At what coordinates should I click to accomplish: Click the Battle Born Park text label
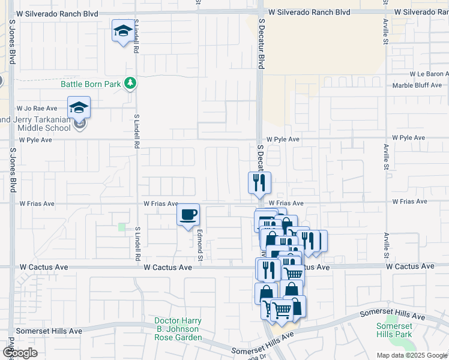90,84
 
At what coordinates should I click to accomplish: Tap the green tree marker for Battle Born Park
129,84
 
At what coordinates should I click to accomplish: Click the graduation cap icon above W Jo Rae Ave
79,107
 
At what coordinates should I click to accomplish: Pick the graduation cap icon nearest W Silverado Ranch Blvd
123,31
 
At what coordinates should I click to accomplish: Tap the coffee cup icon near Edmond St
188,215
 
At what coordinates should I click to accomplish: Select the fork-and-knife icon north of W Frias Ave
259,183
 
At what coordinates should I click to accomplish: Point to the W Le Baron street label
429,74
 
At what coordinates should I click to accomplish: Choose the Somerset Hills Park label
394,330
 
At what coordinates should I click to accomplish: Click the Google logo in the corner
19,353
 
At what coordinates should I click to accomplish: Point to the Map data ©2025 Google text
412,355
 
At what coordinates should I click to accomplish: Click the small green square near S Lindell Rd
122,227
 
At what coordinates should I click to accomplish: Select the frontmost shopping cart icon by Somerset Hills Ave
281,310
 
